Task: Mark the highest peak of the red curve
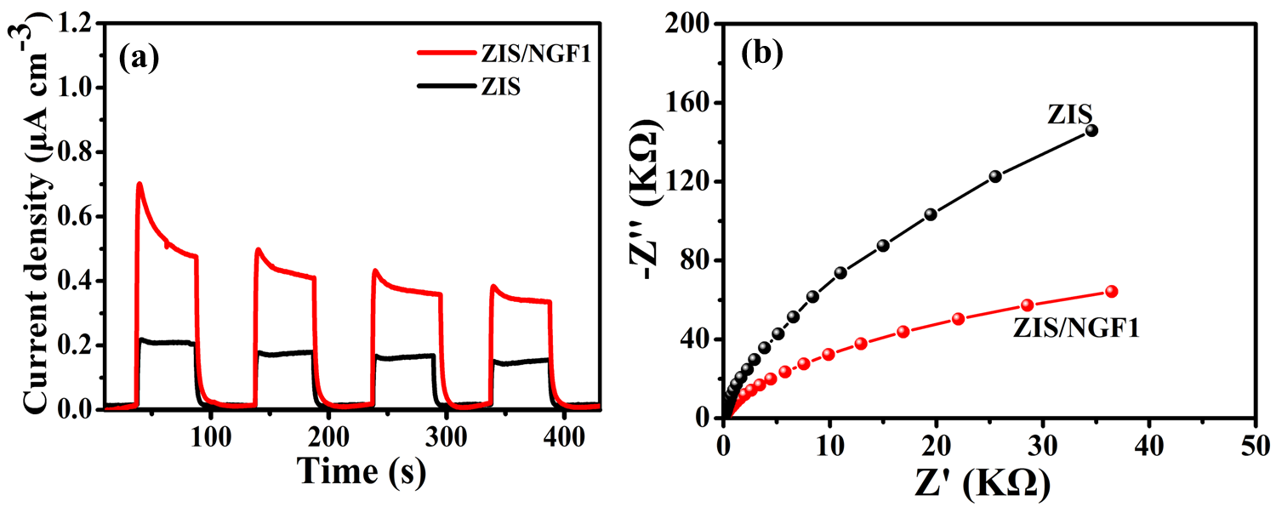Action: (x=139, y=184)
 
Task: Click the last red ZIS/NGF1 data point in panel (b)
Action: (x=1111, y=291)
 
